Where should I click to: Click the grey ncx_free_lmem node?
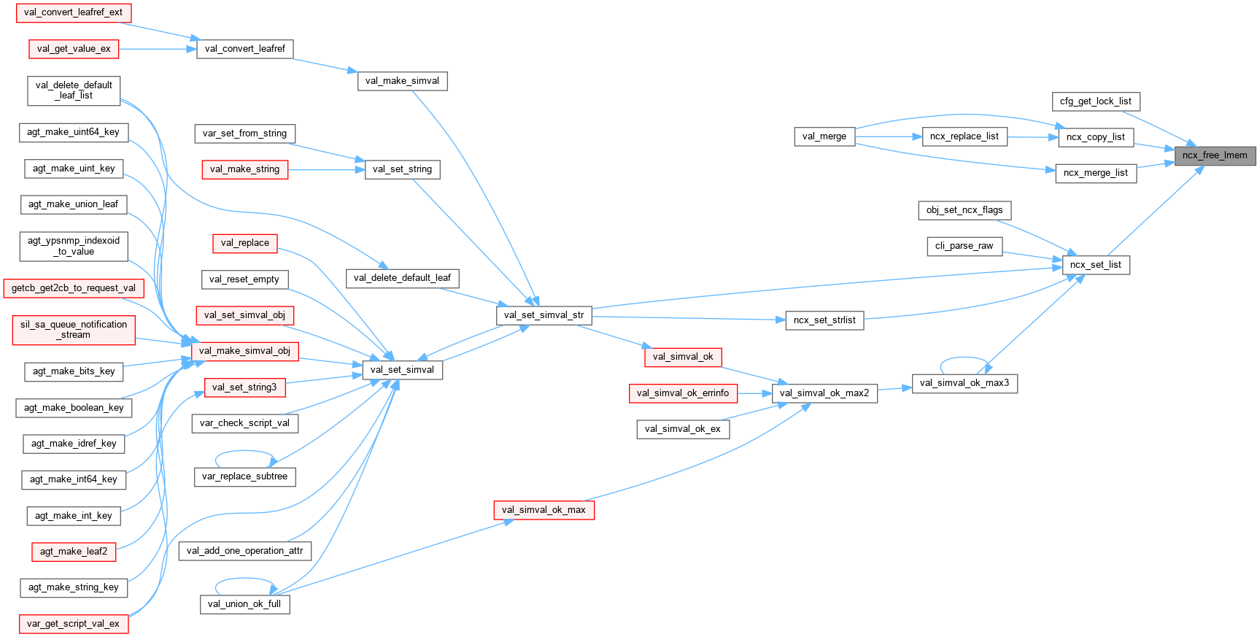(x=1215, y=155)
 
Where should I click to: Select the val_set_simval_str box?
(x=544, y=315)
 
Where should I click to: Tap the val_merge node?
(x=824, y=136)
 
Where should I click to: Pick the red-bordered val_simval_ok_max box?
(x=544, y=510)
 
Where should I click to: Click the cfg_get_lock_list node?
(x=1095, y=101)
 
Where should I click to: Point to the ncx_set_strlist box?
(x=824, y=320)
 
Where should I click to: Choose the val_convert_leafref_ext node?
(x=73, y=12)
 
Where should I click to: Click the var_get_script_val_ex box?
(x=73, y=624)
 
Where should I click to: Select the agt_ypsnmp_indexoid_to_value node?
(x=74, y=246)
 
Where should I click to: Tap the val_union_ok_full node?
(x=244, y=604)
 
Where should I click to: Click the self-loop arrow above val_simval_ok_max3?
(x=965, y=359)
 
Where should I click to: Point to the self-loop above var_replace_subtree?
(x=244, y=452)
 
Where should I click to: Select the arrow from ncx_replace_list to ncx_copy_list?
(x=1032, y=136)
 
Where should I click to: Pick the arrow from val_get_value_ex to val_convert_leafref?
(x=157, y=49)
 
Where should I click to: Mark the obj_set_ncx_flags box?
(x=964, y=210)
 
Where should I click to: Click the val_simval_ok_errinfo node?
(x=682, y=393)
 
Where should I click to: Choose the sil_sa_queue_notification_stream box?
(x=74, y=330)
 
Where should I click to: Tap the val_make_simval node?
(x=402, y=81)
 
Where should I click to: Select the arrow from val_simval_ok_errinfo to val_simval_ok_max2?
(x=755, y=393)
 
